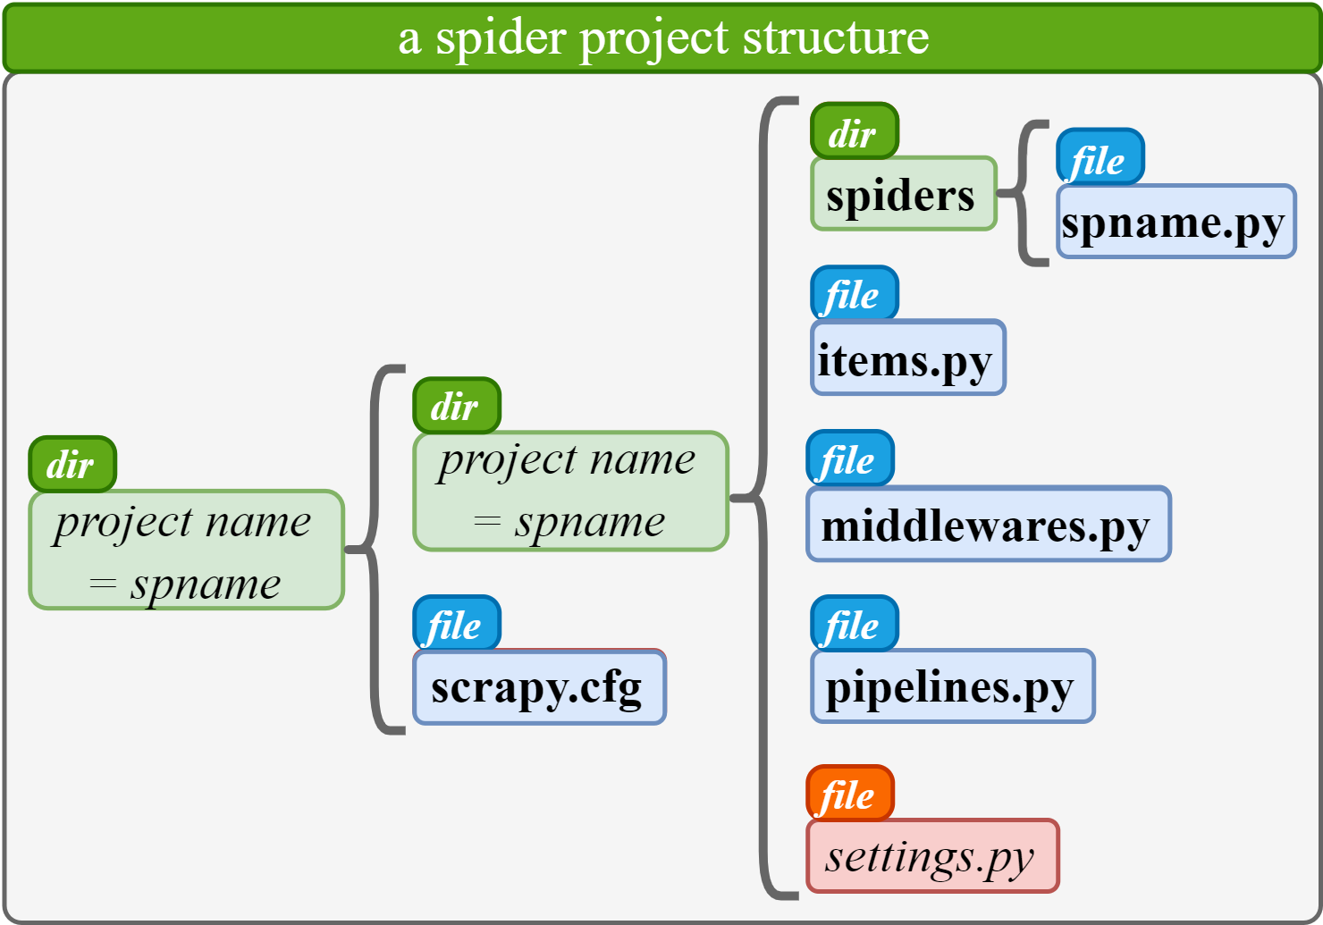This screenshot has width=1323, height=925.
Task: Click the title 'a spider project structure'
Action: point(662,38)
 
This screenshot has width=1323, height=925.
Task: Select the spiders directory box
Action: point(903,194)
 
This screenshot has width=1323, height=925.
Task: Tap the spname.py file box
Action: point(1176,222)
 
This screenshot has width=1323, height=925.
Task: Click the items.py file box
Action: point(907,357)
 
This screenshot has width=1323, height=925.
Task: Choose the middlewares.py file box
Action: point(988,525)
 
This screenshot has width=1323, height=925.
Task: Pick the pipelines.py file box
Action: point(952,686)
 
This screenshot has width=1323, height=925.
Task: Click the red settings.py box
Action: point(932,856)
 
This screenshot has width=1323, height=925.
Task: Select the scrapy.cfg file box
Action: point(539,687)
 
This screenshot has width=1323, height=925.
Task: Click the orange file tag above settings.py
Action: point(849,793)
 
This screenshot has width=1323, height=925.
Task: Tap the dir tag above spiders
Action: point(854,131)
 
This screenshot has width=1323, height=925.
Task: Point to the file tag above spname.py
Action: point(1100,158)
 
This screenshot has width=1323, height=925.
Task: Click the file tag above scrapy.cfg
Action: point(456,623)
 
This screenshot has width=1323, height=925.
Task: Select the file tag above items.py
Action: point(854,293)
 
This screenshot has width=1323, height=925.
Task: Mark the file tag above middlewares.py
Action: point(849,458)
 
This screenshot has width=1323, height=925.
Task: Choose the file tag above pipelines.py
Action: point(854,623)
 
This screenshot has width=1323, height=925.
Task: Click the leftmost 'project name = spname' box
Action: point(186,551)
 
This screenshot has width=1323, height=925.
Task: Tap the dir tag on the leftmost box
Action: point(72,464)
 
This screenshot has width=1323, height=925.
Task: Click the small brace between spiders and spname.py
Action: point(1024,193)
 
